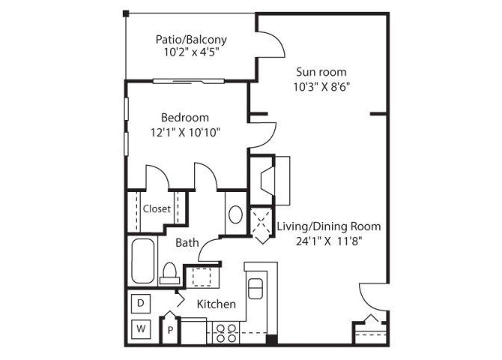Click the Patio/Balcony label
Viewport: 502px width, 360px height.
[191, 40]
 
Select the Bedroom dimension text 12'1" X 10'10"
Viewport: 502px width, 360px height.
[183, 132]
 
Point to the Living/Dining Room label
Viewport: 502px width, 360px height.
[328, 226]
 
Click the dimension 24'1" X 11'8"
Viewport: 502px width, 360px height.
[329, 241]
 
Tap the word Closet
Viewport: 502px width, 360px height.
[157, 209]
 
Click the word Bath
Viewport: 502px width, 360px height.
[187, 242]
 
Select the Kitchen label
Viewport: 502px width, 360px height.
[217, 304]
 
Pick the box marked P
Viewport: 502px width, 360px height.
[171, 328]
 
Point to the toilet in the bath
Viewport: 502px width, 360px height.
[169, 271]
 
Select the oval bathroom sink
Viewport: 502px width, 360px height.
[235, 214]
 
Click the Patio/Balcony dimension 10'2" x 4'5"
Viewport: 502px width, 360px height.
[191, 53]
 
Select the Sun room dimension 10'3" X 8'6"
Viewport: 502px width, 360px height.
[321, 86]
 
